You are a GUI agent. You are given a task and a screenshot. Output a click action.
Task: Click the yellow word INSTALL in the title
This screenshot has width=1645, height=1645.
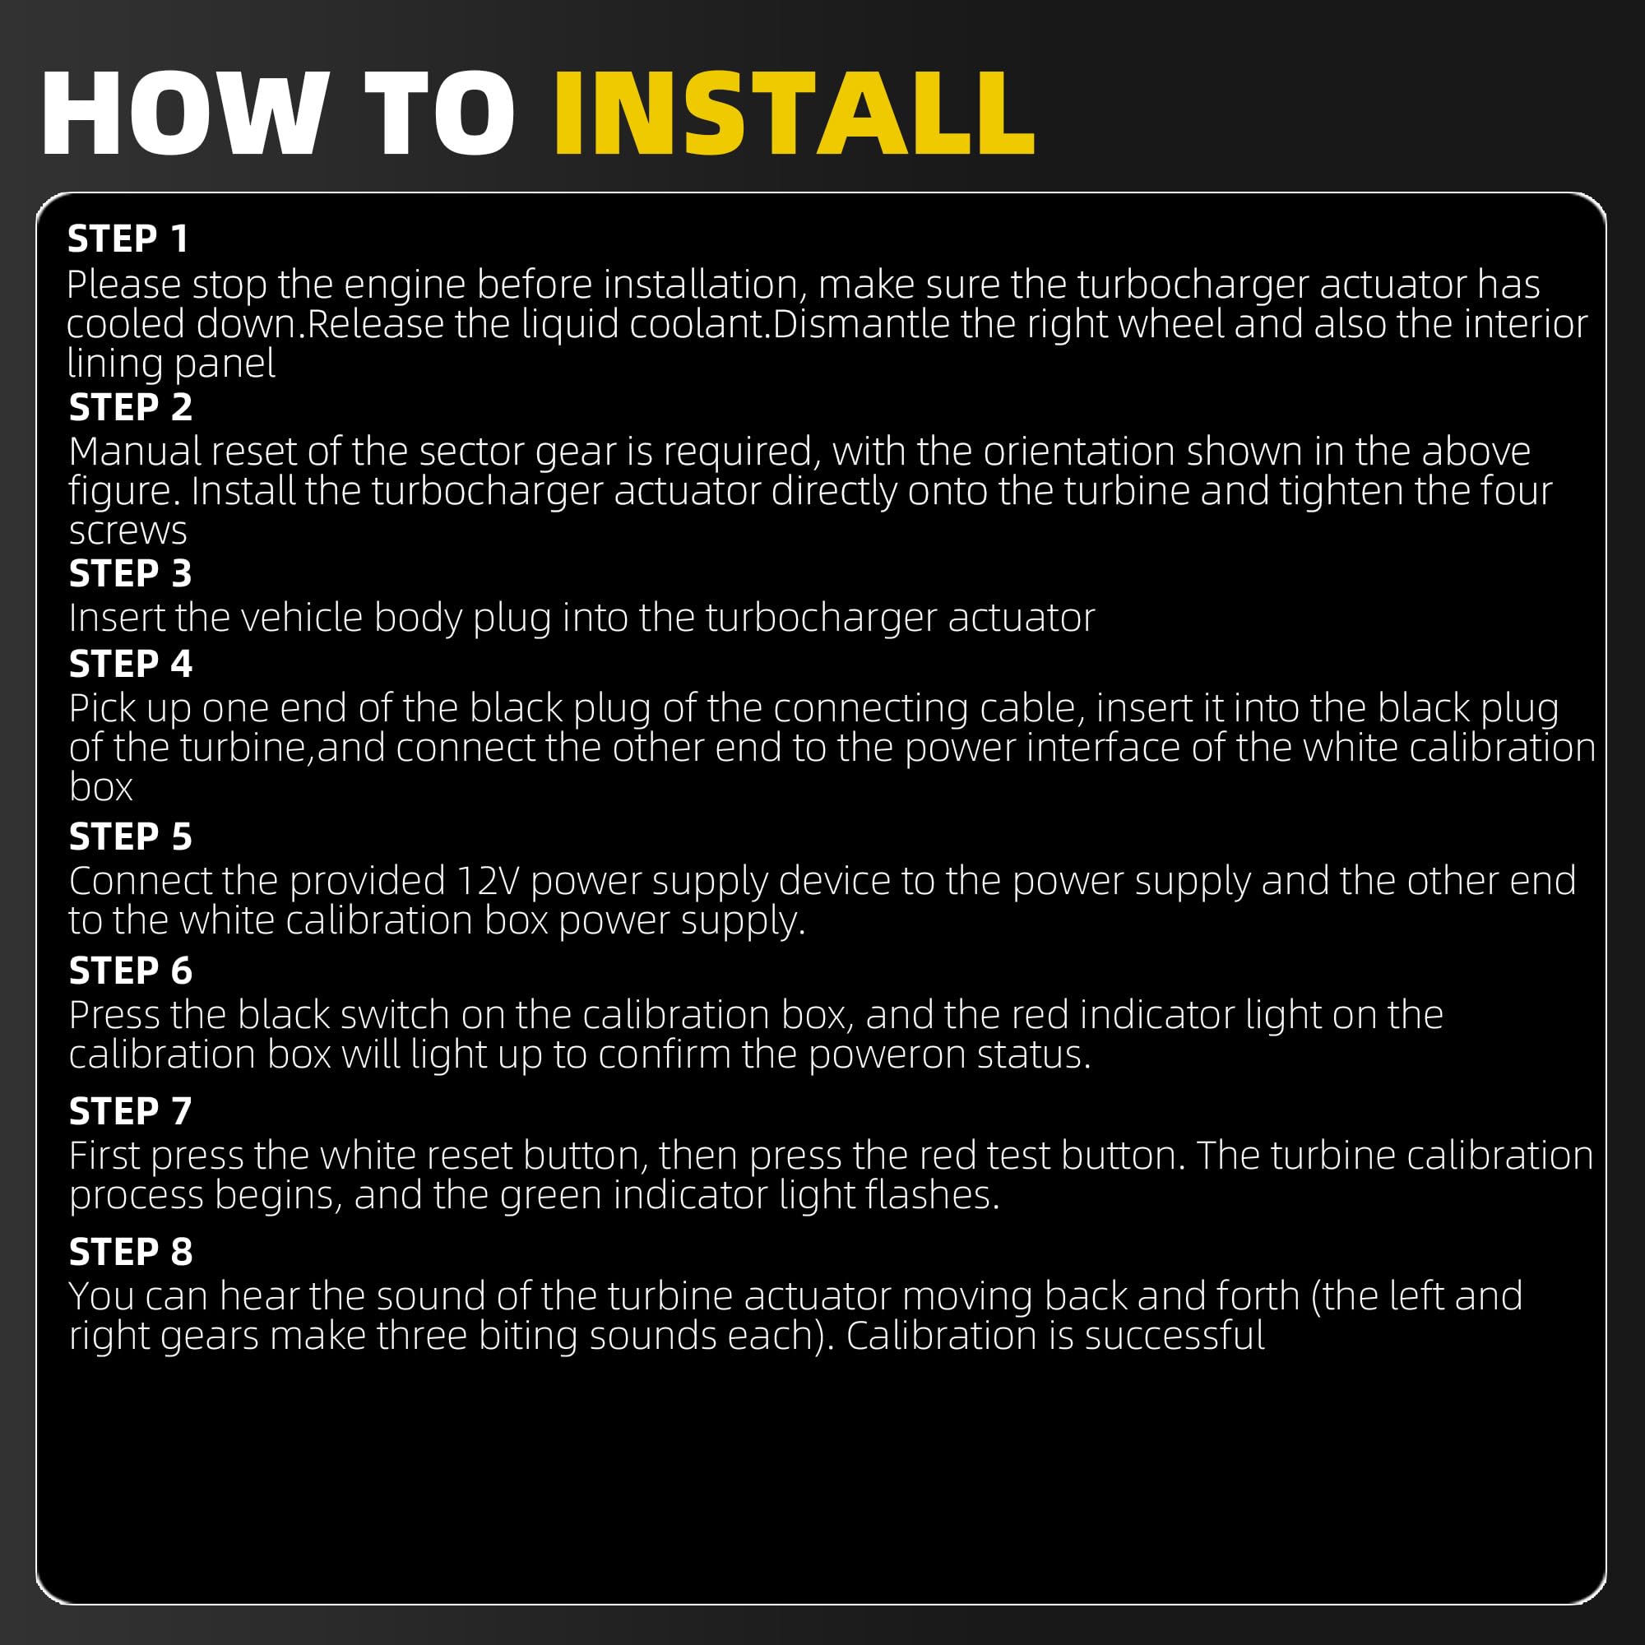795,114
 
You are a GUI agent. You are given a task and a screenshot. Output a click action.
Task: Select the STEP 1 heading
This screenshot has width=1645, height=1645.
127,239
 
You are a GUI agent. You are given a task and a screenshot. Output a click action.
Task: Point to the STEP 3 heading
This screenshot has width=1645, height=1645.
130,574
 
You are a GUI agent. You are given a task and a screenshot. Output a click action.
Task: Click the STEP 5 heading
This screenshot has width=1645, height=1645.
130,837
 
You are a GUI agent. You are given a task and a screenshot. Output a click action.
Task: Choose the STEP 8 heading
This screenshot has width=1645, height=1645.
130,1252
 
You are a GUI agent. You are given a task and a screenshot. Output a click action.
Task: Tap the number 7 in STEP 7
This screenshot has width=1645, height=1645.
181,1111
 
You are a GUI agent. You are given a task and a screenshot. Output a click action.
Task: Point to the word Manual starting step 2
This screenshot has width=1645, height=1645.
136,452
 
